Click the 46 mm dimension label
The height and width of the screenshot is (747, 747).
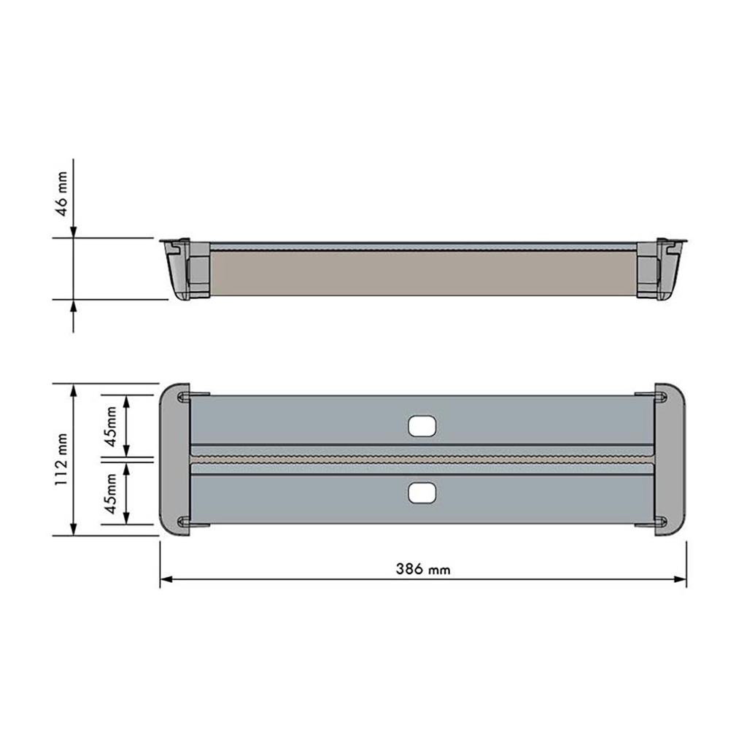coord(63,194)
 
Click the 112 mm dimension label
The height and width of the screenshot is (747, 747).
coord(61,460)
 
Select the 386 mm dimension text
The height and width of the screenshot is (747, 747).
coord(422,569)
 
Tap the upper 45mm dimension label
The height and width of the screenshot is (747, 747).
coord(111,426)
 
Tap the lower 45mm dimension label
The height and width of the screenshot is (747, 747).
coord(111,494)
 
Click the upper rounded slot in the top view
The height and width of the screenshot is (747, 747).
coord(422,426)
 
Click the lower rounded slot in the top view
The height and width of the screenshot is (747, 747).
coord(422,492)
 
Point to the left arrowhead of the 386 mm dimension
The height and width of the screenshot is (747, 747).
coord(166,579)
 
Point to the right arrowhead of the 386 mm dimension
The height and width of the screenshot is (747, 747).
coord(681,579)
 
